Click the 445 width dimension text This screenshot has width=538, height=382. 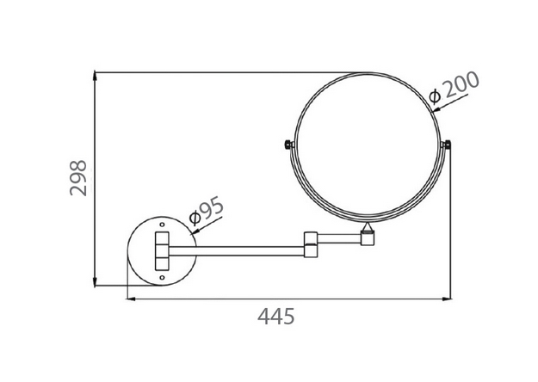pos(276,316)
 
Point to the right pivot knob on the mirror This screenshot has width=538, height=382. pos(447,145)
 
